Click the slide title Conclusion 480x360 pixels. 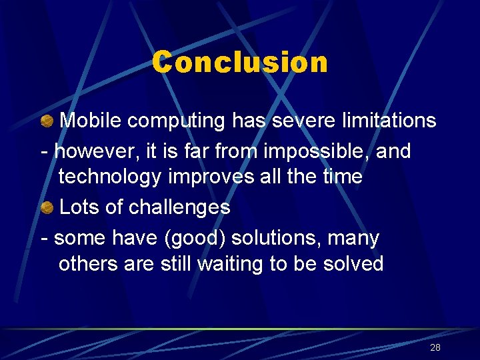click(x=240, y=63)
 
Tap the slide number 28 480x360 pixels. click(x=435, y=347)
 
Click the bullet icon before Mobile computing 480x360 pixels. click(x=47, y=121)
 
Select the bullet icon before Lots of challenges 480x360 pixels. click(x=47, y=207)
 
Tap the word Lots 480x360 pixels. click(x=80, y=207)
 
